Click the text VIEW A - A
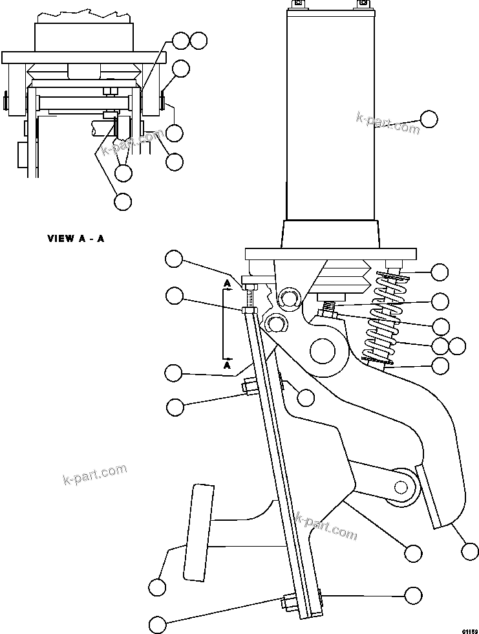click(x=76, y=238)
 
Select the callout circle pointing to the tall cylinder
click(x=429, y=118)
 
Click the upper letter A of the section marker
click(x=228, y=283)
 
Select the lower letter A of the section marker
click(x=228, y=365)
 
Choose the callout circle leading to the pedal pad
click(x=157, y=587)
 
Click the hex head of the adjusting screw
click(x=250, y=283)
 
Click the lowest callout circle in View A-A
click(x=122, y=201)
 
